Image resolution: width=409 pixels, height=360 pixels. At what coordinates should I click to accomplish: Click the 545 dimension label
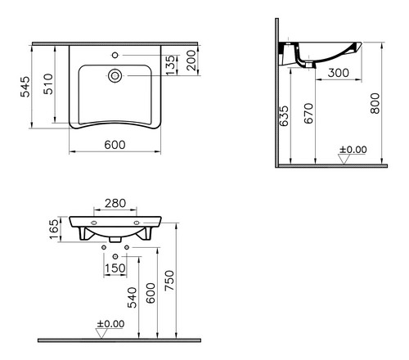pos(25,87)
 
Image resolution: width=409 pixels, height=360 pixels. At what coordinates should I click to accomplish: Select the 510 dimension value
pos(48,83)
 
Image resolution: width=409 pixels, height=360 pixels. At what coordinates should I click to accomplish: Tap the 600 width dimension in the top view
pos(115,145)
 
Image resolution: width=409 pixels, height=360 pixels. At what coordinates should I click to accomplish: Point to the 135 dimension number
pos(170,65)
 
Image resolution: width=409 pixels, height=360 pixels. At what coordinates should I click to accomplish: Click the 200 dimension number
pos(191,60)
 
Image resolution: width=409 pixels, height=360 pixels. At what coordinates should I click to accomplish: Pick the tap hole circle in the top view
pos(115,55)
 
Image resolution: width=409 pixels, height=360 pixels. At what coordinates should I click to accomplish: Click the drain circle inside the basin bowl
pos(115,75)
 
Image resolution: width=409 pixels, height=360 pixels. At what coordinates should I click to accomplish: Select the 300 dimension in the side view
pos(338,73)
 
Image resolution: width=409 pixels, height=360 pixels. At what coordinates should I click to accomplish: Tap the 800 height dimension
pos(375,103)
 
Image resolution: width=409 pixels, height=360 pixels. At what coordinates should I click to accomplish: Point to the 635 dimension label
pos(284,116)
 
